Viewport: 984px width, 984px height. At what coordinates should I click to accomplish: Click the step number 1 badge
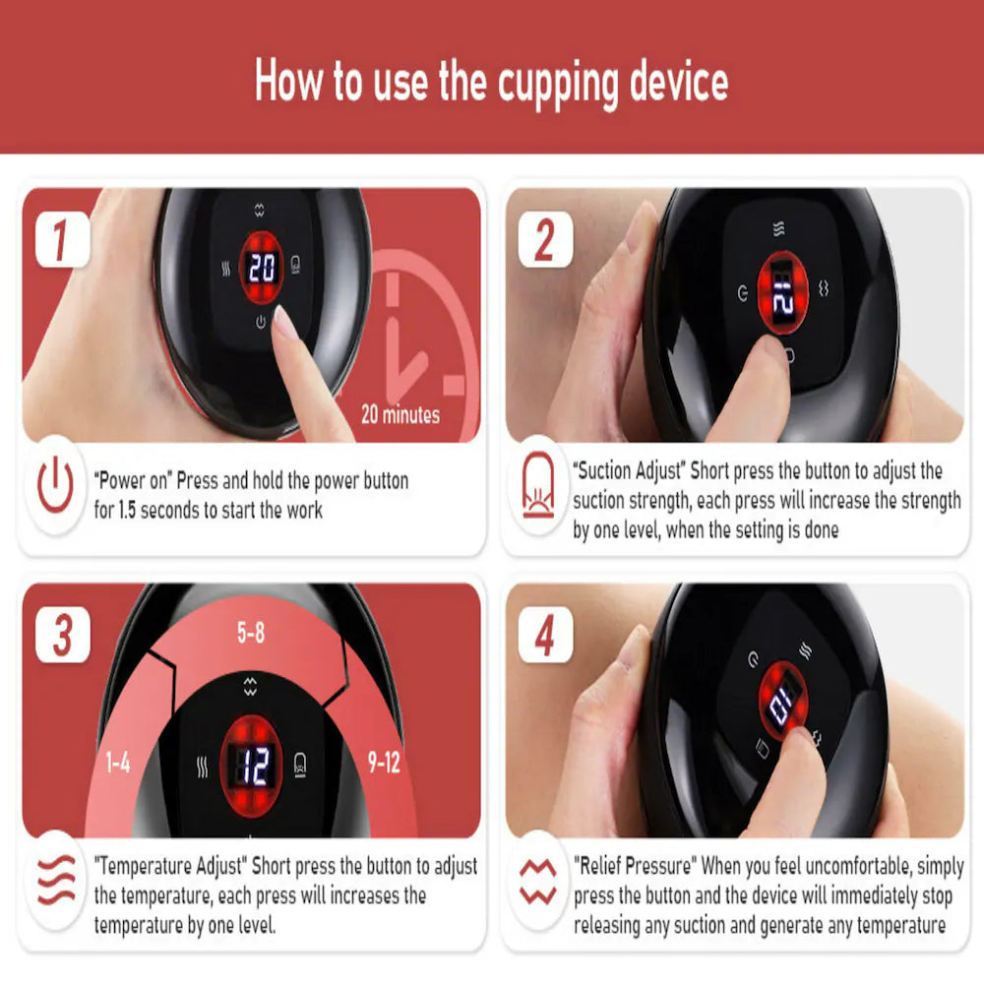[62, 240]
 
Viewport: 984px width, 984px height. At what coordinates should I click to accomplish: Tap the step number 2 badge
[544, 240]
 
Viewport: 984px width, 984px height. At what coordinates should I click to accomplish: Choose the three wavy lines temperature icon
[56, 880]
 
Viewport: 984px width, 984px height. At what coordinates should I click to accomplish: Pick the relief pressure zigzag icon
[539, 881]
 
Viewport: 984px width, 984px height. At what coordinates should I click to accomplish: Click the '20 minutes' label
[400, 413]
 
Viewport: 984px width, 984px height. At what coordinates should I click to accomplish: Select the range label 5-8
[251, 635]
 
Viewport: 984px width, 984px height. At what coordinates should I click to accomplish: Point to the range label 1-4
[117, 763]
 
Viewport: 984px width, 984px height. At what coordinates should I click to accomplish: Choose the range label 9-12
[384, 763]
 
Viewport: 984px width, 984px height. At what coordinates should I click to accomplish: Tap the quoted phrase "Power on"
[133, 481]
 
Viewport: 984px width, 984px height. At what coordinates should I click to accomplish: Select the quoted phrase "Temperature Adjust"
[171, 866]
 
